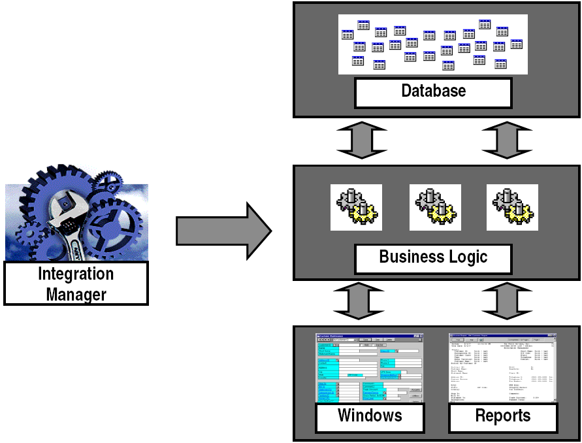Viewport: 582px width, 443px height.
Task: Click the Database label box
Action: click(433, 91)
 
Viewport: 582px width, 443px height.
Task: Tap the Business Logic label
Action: click(433, 257)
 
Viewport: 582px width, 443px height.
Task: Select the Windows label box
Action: click(369, 416)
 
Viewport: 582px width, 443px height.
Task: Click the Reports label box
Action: click(502, 416)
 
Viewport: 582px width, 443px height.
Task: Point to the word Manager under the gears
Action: click(76, 294)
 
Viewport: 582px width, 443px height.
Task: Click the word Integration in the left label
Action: click(76, 274)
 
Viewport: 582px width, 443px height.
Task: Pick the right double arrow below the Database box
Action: click(506, 140)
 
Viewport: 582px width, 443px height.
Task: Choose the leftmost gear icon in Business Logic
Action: click(355, 207)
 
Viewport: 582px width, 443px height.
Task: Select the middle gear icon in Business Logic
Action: click(435, 207)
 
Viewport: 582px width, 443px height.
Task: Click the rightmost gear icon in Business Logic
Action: click(512, 207)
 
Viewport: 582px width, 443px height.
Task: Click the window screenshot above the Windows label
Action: click(369, 367)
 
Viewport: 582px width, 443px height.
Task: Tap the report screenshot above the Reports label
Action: click(502, 367)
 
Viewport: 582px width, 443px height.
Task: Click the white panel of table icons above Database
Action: click(433, 43)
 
